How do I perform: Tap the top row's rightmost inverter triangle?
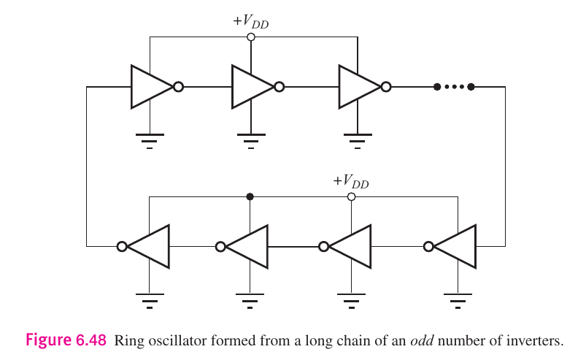click(358, 87)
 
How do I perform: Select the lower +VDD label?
click(351, 181)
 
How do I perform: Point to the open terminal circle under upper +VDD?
click(250, 37)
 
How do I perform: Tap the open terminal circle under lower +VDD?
click(351, 196)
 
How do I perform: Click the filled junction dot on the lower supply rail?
click(250, 196)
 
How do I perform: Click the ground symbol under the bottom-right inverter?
click(458, 298)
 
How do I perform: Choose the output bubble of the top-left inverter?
click(178, 87)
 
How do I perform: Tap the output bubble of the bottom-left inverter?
click(122, 246)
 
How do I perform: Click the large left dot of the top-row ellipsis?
click(436, 87)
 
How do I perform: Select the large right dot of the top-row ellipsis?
click(471, 87)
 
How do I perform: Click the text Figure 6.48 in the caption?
click(66, 340)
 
